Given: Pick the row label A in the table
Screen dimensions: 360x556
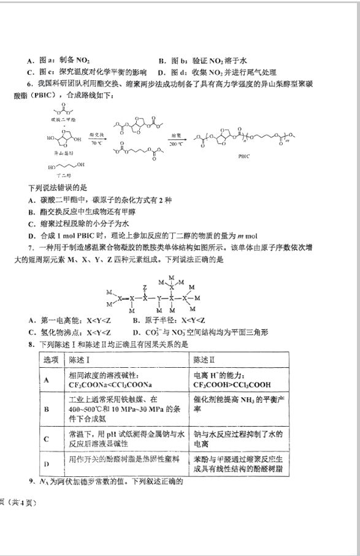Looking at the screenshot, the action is click(47, 379).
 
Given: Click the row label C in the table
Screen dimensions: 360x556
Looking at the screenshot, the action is click(47, 439).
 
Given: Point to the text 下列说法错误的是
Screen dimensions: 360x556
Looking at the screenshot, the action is click(59, 186).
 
